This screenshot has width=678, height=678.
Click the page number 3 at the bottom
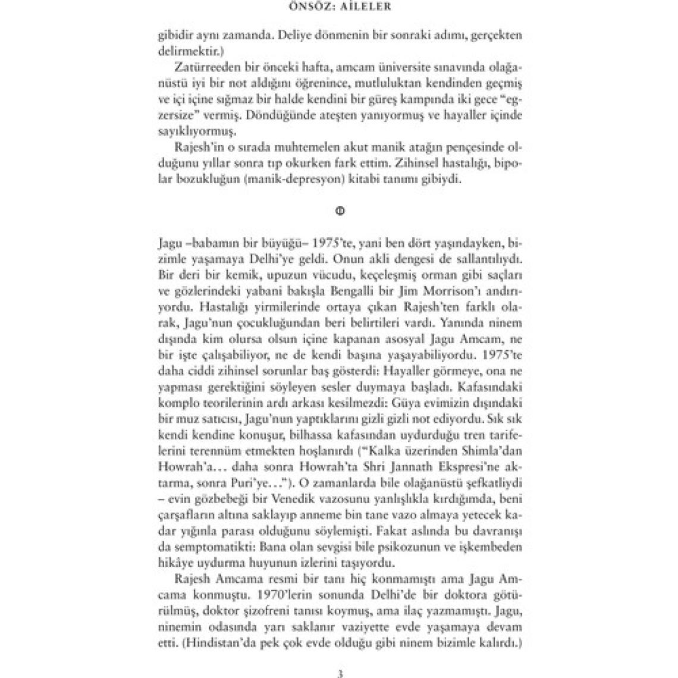coord(340,673)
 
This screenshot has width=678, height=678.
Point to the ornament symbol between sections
coord(340,211)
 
